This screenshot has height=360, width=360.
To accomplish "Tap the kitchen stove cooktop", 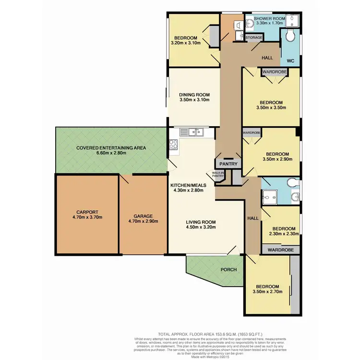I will coord(173,144).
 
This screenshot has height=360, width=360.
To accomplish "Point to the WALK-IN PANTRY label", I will coord(218,175).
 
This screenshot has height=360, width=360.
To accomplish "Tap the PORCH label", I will coord(228,269).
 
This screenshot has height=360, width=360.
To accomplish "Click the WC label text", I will coord(291,61).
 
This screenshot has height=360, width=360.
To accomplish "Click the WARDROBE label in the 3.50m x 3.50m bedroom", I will coord(275,72).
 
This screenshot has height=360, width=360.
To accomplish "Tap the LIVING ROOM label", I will coord(201,222).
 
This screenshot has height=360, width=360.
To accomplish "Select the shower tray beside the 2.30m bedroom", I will coord(270,194).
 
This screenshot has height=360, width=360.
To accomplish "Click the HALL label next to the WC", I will coord(267,58).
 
